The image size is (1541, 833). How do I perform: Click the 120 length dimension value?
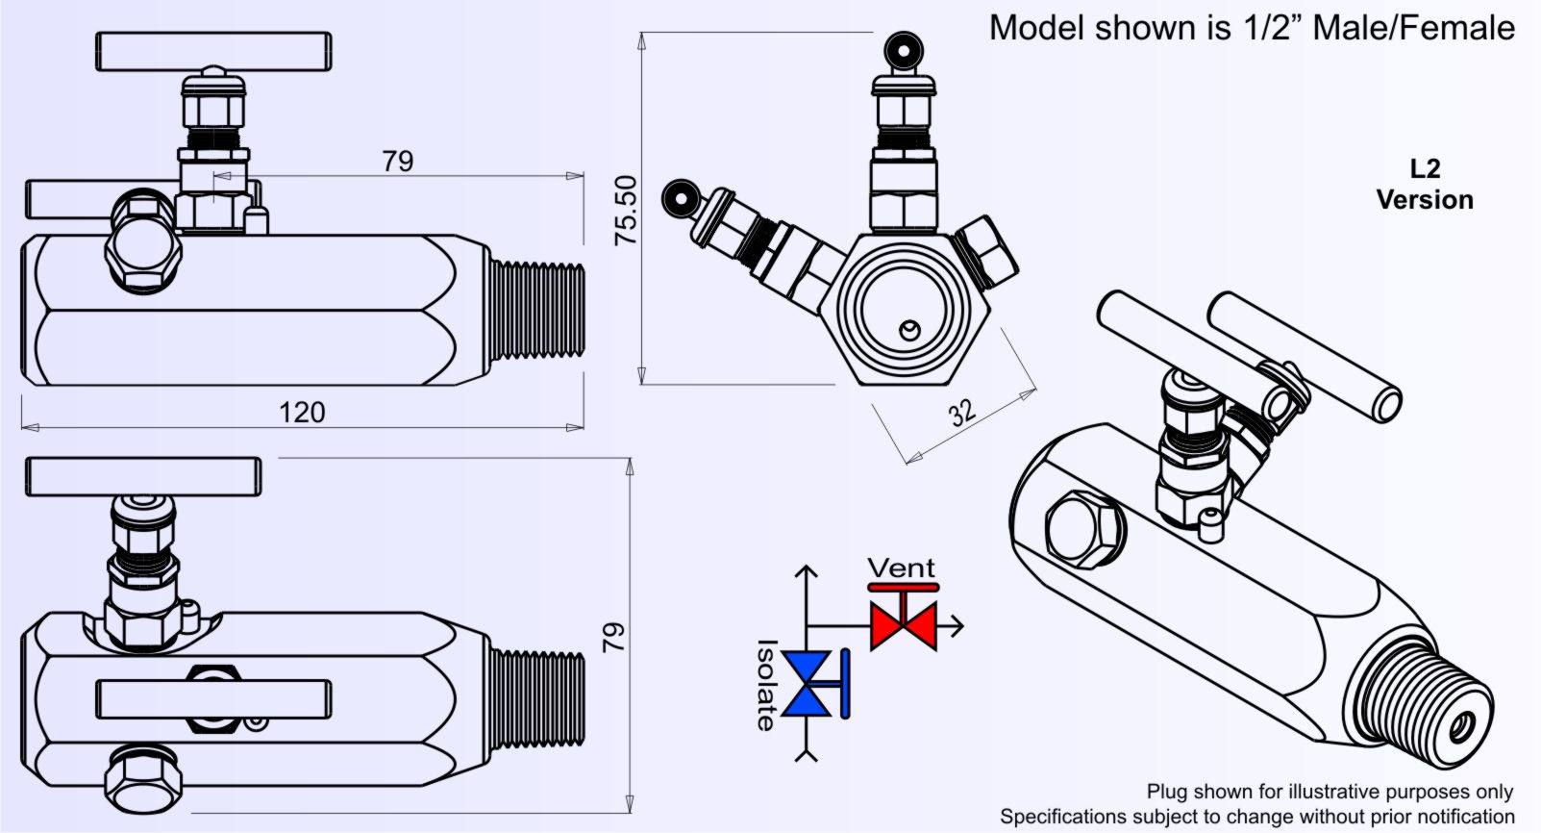pyautogui.click(x=302, y=413)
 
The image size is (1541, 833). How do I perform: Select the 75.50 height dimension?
pyautogui.click(x=626, y=210)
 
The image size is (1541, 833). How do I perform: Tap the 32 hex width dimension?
pyautogui.click(x=962, y=412)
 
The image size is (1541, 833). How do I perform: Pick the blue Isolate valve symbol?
pyautogui.click(x=807, y=683)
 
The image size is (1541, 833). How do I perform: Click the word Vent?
pyautogui.click(x=901, y=568)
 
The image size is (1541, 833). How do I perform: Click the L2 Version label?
pyautogui.click(x=1425, y=185)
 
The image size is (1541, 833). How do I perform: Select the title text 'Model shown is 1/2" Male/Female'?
pyautogui.click(x=1252, y=28)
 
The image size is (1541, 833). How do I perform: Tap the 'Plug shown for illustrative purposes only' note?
pyautogui.click(x=1330, y=792)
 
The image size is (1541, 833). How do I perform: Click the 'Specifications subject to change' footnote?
pyautogui.click(x=1256, y=817)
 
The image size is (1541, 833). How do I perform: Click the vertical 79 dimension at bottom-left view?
pyautogui.click(x=613, y=637)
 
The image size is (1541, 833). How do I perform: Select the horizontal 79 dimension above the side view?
pyautogui.click(x=397, y=161)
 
